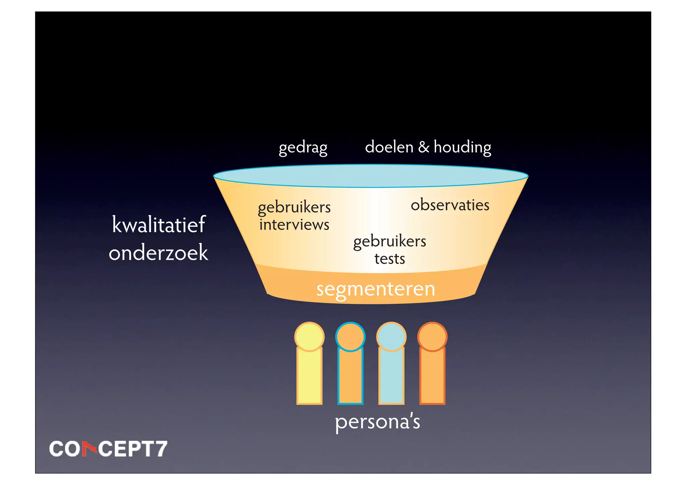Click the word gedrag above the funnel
pos(303,147)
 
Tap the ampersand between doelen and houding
pos(424,147)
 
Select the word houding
pos(462,147)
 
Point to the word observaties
pos(450,205)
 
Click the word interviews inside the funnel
pos(294,225)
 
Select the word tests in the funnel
pos(390,259)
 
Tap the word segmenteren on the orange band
pos(375,289)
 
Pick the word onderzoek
pos(158,252)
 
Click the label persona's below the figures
pos(378,422)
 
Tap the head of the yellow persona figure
pos(309,337)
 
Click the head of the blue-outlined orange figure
pos(350,337)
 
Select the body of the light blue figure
pos(391,375)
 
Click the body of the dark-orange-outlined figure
pos(432,375)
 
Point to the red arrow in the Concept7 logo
pos(89,448)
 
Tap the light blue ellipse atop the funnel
pos(370,176)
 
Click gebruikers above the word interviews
pos(294,207)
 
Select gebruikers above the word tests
pos(390,241)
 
